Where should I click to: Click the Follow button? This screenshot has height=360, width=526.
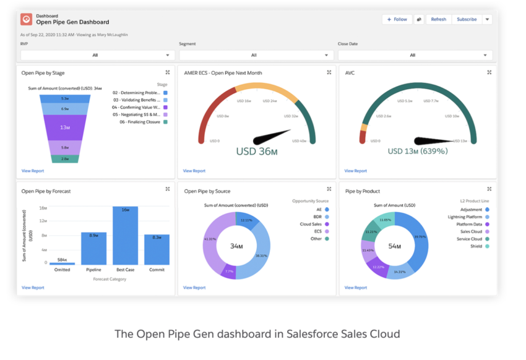coord(397,19)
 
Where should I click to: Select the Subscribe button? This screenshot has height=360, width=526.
coord(467,19)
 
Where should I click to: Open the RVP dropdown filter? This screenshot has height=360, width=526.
coord(95,55)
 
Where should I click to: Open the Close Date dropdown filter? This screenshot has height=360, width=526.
coord(415,55)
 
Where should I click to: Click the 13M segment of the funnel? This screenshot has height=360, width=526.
coord(65,127)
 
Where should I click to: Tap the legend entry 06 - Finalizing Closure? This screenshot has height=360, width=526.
coord(139,122)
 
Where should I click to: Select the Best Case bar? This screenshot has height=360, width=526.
coord(125,236)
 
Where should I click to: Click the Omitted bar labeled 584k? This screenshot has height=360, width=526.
coord(63,263)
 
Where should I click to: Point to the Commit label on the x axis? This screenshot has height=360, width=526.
coord(157,270)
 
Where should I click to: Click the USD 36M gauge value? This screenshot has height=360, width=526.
coord(256,150)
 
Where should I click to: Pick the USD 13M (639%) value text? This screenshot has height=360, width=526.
coord(418,151)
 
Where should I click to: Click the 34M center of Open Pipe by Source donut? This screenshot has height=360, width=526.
coord(236,246)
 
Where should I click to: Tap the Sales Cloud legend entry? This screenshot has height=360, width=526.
coord(472,231)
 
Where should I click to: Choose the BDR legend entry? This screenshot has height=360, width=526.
coord(317,217)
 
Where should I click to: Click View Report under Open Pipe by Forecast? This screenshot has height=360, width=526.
coord(33,288)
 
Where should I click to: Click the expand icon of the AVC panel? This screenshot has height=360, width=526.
coord(489,72)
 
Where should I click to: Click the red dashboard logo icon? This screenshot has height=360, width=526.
coord(27,19)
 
